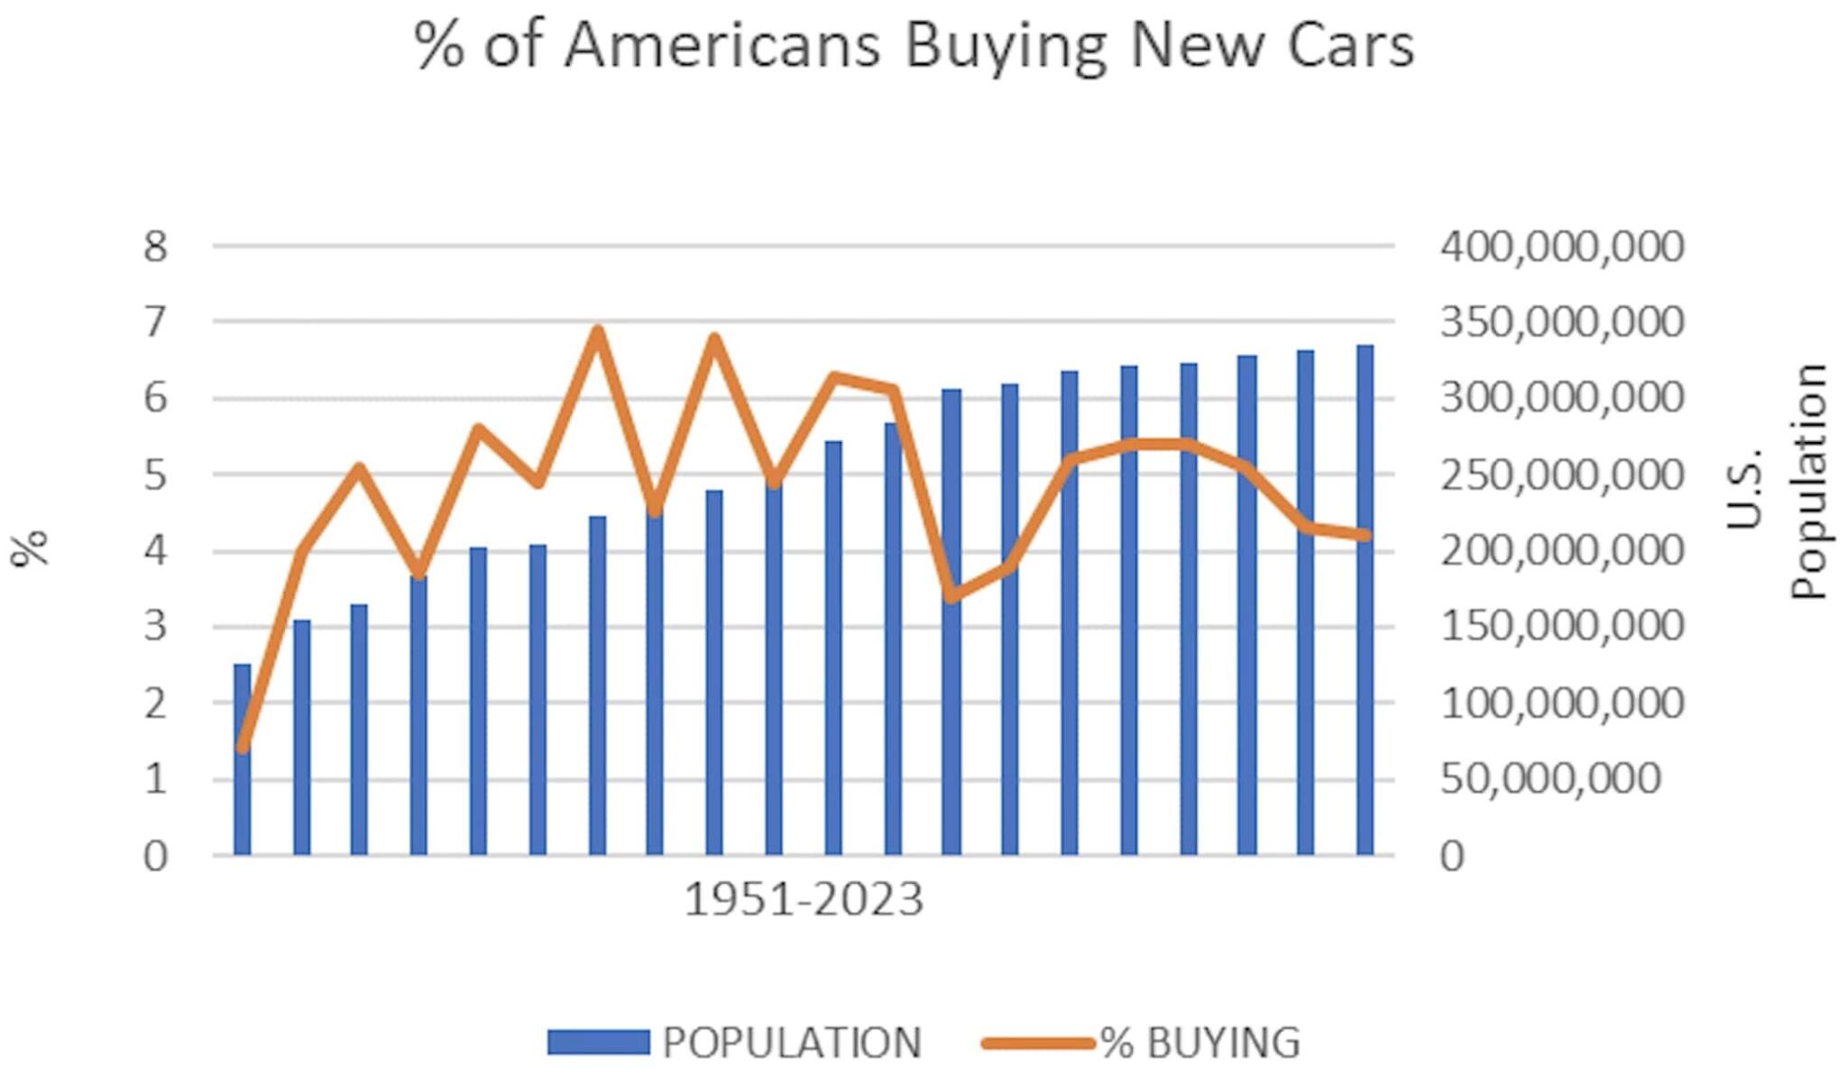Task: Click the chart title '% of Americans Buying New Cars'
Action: pos(913,45)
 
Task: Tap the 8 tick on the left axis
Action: pos(155,246)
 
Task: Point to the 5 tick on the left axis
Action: pos(155,475)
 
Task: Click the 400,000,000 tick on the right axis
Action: pos(1561,246)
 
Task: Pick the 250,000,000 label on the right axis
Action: pos(1561,475)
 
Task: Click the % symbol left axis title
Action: pos(29,548)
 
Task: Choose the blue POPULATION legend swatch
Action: pos(598,1043)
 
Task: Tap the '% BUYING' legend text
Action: pos(1200,1043)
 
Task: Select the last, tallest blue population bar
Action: pos(1365,600)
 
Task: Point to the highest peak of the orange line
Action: pos(597,330)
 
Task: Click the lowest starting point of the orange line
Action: pos(242,747)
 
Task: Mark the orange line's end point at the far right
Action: pos(1365,535)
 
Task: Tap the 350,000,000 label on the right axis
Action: pos(1561,322)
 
